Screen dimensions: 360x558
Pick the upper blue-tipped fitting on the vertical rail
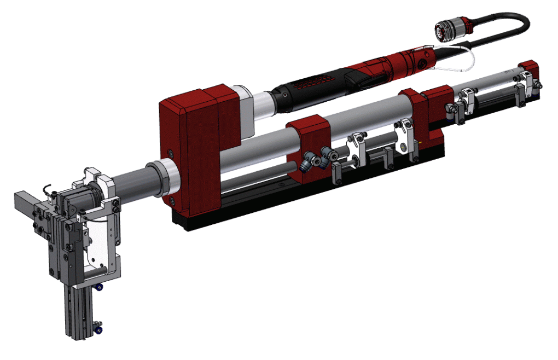click(x=98, y=287)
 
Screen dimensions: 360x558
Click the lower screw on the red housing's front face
click(x=173, y=201)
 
